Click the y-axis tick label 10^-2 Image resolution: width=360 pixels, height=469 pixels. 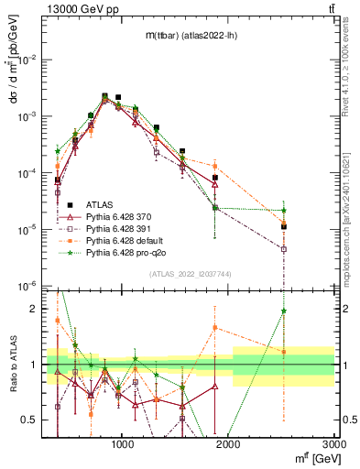click(x=28, y=60)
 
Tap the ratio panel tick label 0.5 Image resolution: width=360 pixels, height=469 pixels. click(x=31, y=420)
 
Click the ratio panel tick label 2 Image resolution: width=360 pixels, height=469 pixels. click(x=35, y=309)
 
